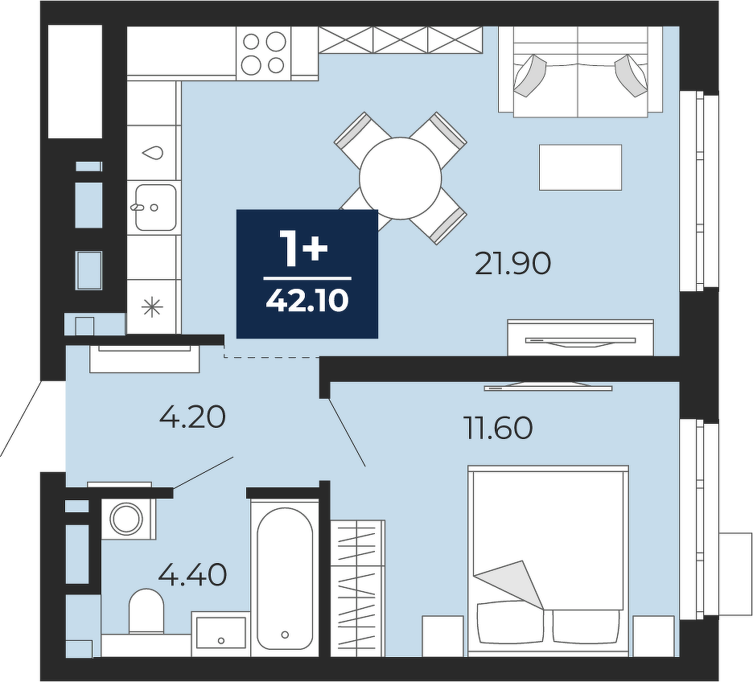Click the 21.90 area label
(512, 264)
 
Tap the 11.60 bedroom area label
(498, 428)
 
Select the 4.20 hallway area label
(192, 417)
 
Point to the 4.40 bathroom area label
(192, 574)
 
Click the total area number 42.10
(307, 302)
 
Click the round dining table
(401, 178)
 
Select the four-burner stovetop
(264, 53)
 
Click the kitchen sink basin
(155, 207)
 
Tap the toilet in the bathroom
(146, 610)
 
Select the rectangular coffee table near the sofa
(580, 167)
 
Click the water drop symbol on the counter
(152, 153)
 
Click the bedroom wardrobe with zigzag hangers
(358, 588)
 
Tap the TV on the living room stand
(580, 341)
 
